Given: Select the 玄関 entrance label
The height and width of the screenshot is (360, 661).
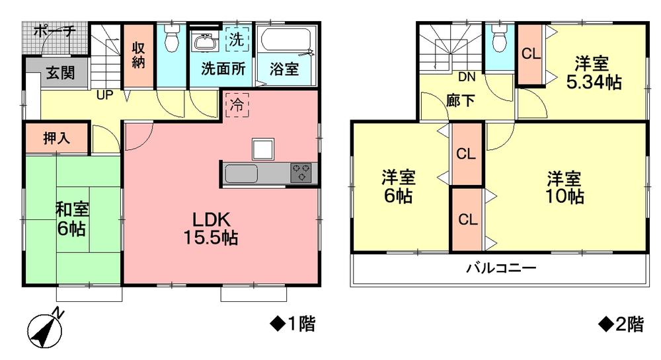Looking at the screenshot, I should (x=60, y=73).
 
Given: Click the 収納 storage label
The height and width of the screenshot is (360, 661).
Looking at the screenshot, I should (x=138, y=56).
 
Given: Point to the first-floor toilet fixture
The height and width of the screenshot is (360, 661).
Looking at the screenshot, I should (x=172, y=40).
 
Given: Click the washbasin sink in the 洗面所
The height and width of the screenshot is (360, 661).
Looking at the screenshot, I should (x=205, y=44).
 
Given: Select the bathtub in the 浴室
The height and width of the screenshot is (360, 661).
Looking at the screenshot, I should (x=286, y=42).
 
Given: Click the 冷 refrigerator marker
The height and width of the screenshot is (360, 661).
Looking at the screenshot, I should (x=236, y=104).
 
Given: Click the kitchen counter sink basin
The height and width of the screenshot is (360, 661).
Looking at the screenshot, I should (x=241, y=174).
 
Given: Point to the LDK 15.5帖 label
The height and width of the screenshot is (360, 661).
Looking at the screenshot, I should (x=211, y=229).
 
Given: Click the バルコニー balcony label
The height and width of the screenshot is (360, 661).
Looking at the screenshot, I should (x=500, y=268).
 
